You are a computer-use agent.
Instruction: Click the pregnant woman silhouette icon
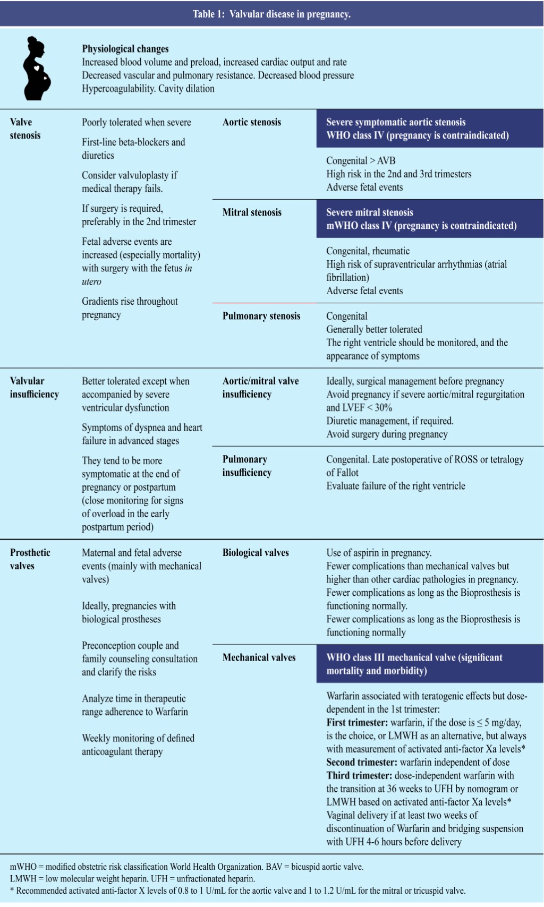[37, 68]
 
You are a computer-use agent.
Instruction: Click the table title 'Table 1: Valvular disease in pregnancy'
[271, 14]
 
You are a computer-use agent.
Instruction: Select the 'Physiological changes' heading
[125, 49]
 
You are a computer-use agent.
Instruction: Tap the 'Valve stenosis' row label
[25, 129]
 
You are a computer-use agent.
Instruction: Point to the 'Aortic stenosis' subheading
[252, 122]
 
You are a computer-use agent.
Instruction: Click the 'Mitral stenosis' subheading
[252, 212]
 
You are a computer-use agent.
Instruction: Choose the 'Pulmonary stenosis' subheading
[261, 316]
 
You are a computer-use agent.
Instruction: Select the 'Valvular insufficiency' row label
[34, 388]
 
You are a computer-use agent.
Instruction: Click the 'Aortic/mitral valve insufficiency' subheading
[260, 388]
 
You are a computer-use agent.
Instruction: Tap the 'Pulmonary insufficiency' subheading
[247, 466]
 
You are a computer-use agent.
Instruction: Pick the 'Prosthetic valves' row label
[30, 559]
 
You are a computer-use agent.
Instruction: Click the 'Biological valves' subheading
[256, 553]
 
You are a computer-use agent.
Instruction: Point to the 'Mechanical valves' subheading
[259, 657]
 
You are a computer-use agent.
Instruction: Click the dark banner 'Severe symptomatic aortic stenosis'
[430, 129]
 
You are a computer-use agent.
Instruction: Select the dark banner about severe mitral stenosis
[430, 219]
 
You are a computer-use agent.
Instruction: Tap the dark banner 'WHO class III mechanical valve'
[430, 664]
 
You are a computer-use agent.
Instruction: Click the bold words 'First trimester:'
[357, 723]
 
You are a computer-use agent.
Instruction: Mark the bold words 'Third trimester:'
[359, 776]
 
